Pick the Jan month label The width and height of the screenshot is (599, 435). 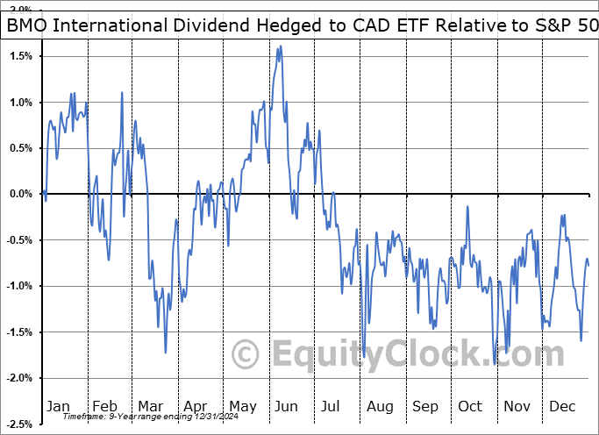[x=58, y=406]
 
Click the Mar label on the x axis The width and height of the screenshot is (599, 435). [x=149, y=406]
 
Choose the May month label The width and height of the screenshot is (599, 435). [x=242, y=406]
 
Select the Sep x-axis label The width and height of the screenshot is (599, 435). [x=425, y=406]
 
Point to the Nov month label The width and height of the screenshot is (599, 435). [x=517, y=406]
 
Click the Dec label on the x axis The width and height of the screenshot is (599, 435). [x=562, y=406]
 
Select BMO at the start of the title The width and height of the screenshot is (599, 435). [x=29, y=25]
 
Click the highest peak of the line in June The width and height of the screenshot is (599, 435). [x=279, y=46]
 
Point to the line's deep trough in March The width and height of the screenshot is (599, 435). [x=166, y=353]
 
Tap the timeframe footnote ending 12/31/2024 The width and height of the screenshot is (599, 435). [x=127, y=416]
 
